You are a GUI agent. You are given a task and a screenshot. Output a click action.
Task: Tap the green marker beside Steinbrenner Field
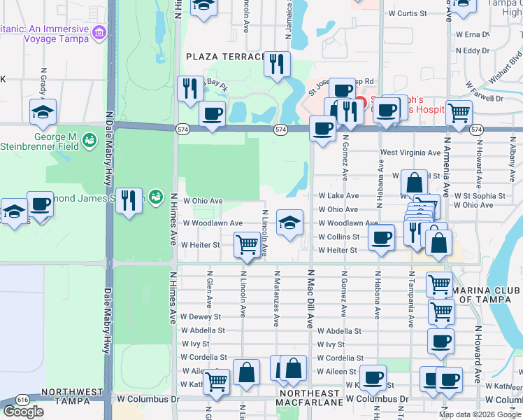[89, 141]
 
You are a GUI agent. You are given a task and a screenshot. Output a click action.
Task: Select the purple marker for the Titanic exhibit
[99, 32]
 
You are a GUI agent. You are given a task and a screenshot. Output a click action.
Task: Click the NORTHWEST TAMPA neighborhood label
[73, 392]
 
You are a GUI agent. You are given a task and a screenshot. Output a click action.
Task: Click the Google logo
[23, 412]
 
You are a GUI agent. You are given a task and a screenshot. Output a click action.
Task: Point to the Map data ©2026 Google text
[479, 414]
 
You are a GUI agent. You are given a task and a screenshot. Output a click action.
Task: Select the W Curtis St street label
[408, 13]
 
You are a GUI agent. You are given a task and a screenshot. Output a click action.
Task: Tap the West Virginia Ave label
[410, 153]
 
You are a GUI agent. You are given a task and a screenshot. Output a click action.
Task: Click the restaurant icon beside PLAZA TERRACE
[277, 64]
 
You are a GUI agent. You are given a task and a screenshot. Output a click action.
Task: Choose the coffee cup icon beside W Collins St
[381, 237]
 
